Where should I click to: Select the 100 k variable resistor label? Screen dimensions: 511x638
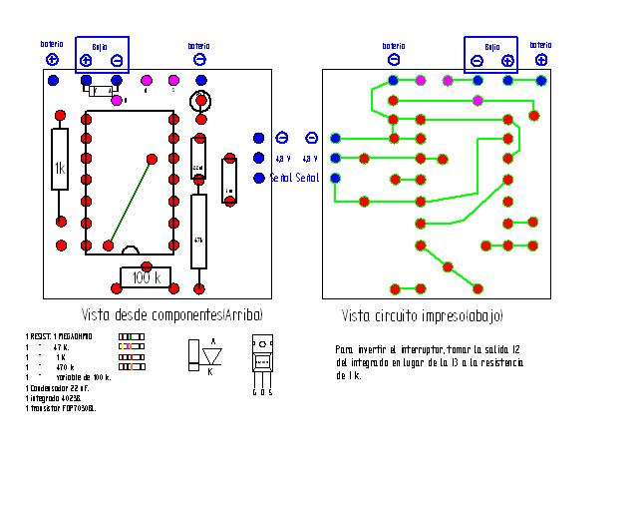pos(147,278)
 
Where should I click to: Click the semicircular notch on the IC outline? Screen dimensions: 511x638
pos(130,250)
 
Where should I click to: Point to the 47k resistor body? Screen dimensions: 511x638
pos(198,233)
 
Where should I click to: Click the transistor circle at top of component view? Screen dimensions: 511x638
pos(202,101)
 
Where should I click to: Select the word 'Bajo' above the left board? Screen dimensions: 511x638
pos(100,47)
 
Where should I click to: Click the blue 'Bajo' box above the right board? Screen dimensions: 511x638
pos(490,56)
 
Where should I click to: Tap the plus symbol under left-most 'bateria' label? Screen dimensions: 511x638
pos(53,60)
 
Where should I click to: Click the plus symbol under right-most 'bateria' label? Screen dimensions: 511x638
pos(540,60)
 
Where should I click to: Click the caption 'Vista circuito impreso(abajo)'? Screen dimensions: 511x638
pos(423,315)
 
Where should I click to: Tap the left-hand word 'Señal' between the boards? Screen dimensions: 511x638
pos(280,178)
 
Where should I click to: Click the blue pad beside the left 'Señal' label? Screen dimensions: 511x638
pos(259,178)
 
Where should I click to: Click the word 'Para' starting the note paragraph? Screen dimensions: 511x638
pos(343,349)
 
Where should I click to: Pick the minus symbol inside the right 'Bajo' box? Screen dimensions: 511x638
pos(477,61)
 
